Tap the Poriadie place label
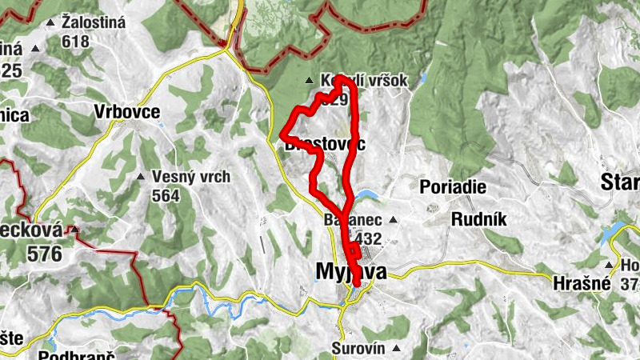(x=453, y=186)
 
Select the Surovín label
(x=358, y=349)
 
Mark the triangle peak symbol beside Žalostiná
(x=51, y=22)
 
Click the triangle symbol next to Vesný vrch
(x=141, y=176)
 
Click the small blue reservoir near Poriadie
(x=367, y=195)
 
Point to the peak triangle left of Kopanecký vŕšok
(x=310, y=80)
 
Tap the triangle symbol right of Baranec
(x=393, y=219)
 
